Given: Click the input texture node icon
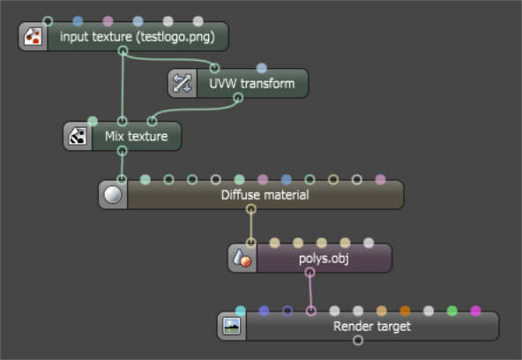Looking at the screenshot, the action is tap(34, 36).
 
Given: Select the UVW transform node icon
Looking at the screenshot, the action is tap(183, 83).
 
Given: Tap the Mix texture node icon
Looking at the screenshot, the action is tap(78, 136).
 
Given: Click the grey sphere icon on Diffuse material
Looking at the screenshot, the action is tap(113, 195).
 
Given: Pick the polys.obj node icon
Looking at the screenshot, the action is tap(242, 259).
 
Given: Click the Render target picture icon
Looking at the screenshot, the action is tap(232, 326).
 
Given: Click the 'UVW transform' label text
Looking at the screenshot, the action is tap(252, 84).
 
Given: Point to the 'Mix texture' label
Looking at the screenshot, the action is tap(136, 136).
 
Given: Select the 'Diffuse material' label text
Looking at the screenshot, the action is tap(265, 195).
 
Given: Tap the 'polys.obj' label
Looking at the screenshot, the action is tap(324, 259).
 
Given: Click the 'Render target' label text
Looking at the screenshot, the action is tap(372, 326).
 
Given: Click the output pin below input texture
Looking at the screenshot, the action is tap(123, 51).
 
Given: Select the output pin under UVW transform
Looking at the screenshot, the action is tap(238, 98).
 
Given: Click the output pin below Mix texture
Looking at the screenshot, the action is tap(123, 151).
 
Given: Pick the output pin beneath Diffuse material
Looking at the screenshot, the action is tap(251, 209).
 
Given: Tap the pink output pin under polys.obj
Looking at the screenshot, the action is tap(309, 273).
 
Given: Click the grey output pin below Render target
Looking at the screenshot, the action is tap(358, 341).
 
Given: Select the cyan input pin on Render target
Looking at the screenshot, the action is tap(241, 311).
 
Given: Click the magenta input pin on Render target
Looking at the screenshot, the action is tap(475, 311).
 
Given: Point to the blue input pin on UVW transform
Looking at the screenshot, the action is tap(262, 68).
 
